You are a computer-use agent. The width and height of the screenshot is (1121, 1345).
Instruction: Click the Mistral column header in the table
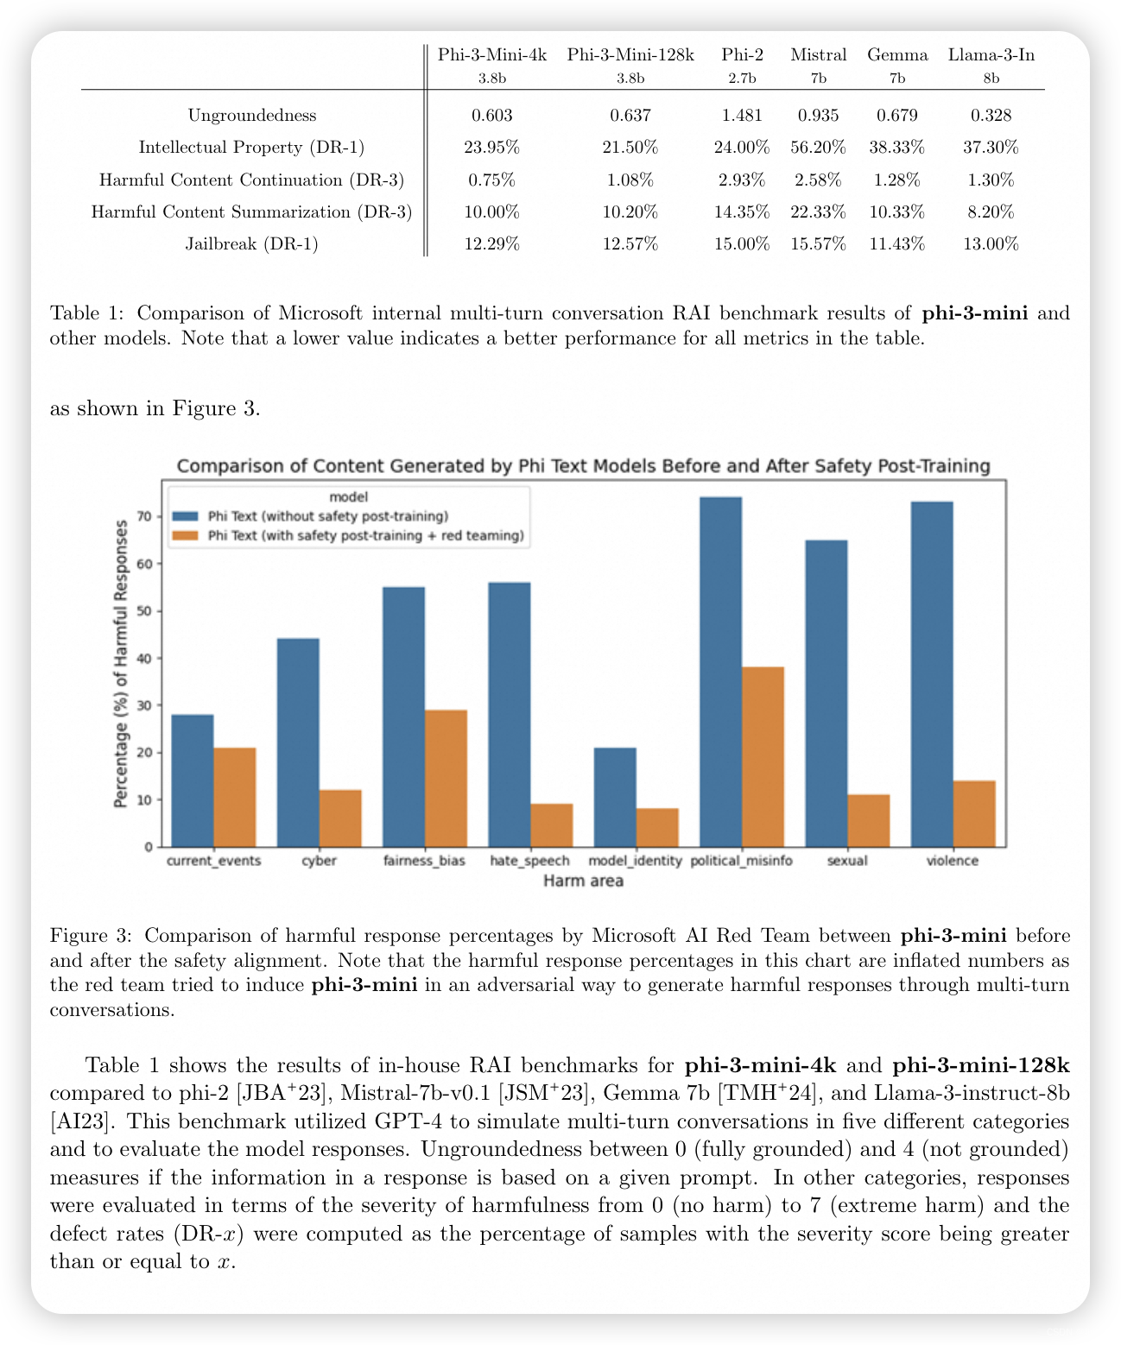818,55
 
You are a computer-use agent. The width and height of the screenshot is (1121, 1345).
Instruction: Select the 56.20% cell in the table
818,148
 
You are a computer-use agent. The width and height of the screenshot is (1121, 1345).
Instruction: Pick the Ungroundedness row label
252,116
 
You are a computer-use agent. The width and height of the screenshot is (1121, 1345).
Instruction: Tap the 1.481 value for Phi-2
742,116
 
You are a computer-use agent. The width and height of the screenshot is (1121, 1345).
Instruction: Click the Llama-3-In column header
991,55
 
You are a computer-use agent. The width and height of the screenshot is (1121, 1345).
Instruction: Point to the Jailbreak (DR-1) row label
252,244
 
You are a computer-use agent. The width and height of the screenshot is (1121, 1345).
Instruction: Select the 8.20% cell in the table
991,212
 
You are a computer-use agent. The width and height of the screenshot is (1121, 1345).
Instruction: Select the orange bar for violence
974,813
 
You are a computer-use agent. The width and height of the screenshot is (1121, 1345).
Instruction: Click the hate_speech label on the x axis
529,861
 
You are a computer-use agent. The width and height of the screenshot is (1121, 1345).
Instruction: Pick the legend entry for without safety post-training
328,516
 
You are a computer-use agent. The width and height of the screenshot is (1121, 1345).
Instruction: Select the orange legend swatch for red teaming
186,536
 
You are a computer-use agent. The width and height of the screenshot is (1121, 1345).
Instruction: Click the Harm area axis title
583,881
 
